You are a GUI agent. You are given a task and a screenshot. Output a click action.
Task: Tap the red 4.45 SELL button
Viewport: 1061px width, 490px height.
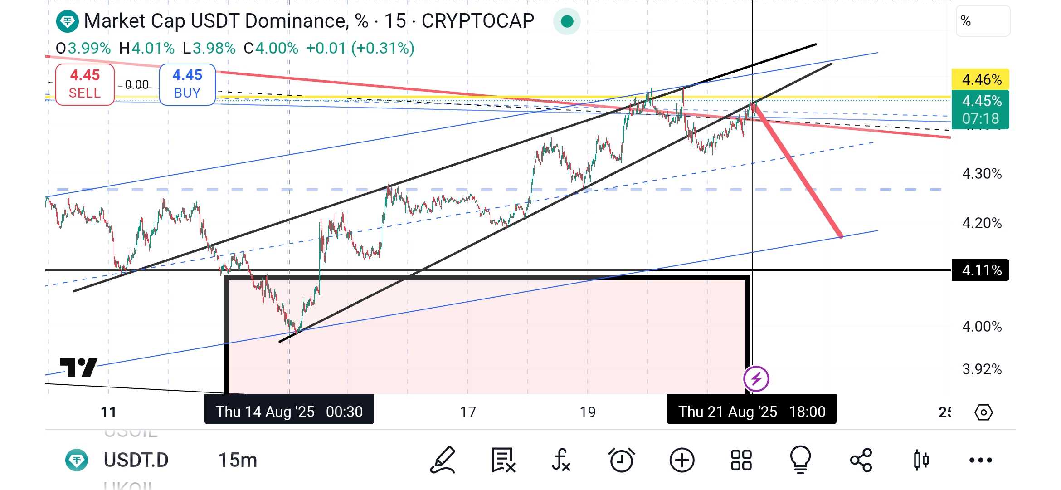(85, 84)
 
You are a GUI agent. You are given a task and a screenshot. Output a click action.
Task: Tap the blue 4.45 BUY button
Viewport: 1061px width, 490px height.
(187, 84)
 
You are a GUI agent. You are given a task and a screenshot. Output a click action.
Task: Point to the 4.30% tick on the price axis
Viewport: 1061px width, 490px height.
(982, 173)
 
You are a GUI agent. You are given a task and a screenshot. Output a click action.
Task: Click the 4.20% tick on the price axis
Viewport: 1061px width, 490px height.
(982, 223)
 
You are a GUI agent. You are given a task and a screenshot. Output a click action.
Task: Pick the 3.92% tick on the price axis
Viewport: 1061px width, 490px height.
(982, 369)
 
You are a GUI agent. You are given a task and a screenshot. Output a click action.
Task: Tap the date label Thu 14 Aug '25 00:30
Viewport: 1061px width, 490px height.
(289, 412)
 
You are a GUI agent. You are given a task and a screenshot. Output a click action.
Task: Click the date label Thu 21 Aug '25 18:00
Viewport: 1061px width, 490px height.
(751, 412)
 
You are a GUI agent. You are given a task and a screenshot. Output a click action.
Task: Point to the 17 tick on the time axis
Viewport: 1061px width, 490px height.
(468, 412)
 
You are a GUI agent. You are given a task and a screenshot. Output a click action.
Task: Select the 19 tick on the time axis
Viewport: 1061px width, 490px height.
(588, 412)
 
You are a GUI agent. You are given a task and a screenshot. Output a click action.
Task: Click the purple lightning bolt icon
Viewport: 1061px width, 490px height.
(756, 378)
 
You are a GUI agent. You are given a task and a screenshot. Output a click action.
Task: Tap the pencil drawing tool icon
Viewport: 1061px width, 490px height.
(443, 460)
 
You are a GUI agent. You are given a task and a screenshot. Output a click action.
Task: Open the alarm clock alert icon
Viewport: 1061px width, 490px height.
(621, 460)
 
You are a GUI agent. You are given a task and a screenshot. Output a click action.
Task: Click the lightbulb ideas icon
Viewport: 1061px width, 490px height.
(800, 460)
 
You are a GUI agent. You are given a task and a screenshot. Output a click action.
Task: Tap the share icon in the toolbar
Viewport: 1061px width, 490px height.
(861, 460)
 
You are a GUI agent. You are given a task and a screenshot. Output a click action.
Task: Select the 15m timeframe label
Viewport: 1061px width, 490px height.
(238, 460)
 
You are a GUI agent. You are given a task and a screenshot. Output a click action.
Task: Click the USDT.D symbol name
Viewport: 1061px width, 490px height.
(136, 460)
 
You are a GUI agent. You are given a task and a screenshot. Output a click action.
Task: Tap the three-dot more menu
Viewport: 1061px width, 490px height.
(980, 460)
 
